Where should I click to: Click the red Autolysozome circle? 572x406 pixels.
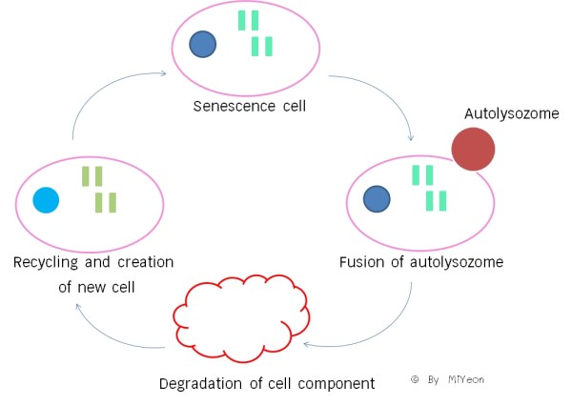[x=472, y=150]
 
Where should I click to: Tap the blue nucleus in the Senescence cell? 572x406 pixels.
[x=202, y=44]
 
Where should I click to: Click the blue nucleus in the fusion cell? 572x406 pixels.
[x=378, y=198]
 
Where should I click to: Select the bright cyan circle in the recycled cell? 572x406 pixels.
[x=46, y=200]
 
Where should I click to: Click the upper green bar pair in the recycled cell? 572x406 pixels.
[x=92, y=176]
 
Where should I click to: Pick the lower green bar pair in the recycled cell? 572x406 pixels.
[x=106, y=202]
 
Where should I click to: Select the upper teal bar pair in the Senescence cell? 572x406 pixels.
[x=248, y=20]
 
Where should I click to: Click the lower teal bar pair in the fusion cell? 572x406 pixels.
[x=437, y=200]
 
